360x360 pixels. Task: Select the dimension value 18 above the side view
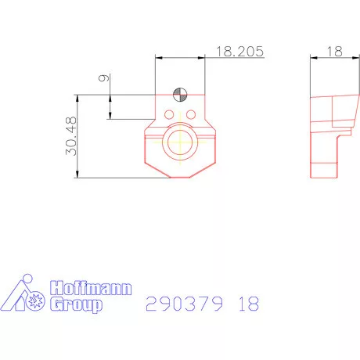[334, 51]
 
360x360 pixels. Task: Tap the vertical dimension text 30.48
[70, 137]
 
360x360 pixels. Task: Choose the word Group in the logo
[76, 304]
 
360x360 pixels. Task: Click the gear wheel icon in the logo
[34, 301]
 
